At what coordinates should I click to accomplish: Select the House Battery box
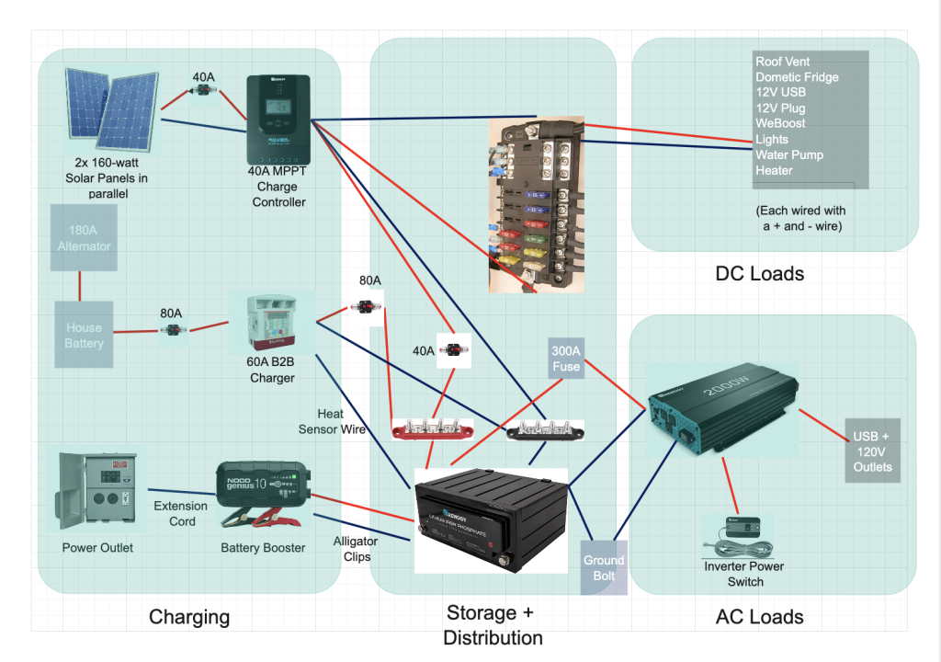85,335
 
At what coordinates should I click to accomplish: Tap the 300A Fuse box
566,359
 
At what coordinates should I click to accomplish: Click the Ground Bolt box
603,567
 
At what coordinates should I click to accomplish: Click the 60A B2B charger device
271,323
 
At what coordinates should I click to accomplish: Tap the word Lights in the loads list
772,139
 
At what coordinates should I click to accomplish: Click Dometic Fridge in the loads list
797,77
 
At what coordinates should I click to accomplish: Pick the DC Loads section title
759,273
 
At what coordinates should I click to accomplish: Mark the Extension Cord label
180,513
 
